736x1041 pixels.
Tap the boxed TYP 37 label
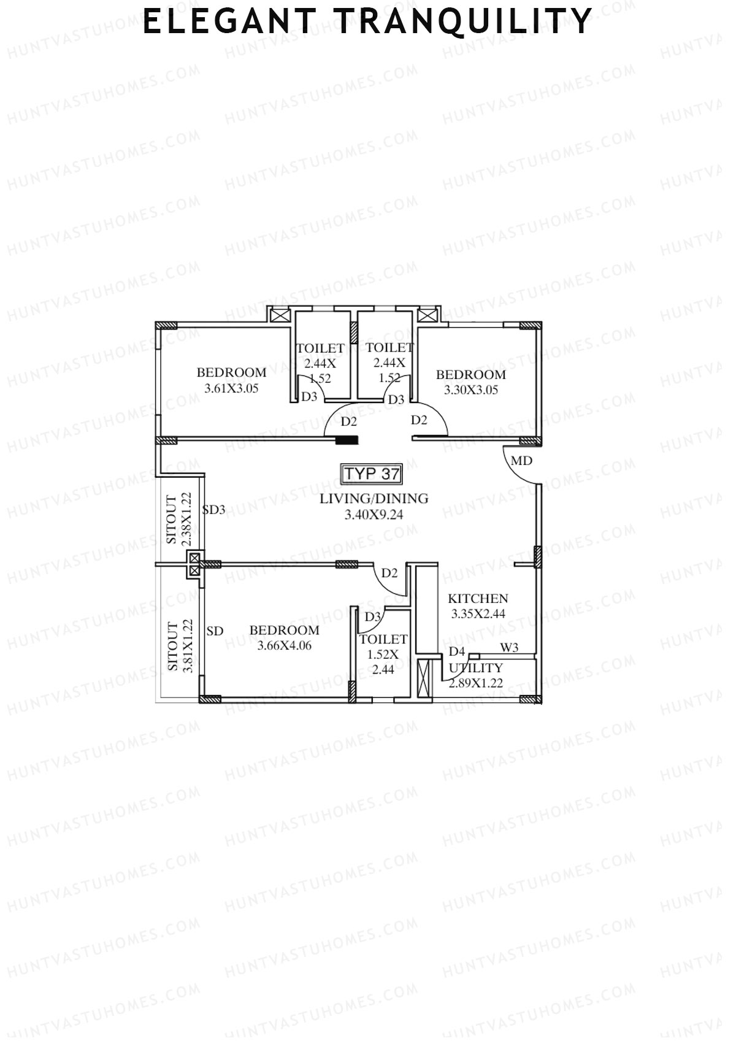tap(372, 474)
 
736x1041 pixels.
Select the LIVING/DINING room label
tap(374, 499)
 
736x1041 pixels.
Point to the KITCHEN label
tap(478, 599)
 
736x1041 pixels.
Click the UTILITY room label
tap(476, 668)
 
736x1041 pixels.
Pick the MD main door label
tap(521, 461)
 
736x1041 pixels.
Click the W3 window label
tap(509, 648)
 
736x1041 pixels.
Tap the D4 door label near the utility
tap(457, 651)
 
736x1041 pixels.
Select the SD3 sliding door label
tap(214, 510)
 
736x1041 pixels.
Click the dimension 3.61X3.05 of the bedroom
tap(231, 388)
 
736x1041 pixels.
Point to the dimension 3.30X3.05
tap(471, 390)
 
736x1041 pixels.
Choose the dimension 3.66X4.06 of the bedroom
tap(284, 645)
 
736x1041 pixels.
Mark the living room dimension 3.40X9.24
tap(374, 515)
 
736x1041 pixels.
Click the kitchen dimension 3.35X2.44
tap(478, 613)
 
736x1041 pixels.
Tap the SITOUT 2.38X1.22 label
tap(180, 519)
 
